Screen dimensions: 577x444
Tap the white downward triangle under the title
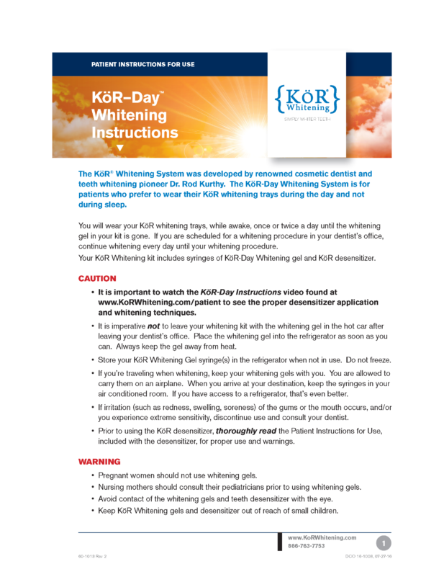120,148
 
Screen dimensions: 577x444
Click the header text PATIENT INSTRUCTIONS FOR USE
142,65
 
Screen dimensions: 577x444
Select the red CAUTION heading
97,278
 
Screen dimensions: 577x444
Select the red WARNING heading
99,461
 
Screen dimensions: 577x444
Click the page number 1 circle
385,542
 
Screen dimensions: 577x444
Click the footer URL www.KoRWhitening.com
322,537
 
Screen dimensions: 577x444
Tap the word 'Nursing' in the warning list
115,488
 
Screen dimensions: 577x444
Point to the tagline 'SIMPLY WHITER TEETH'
306,118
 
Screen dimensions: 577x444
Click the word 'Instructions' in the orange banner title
135,133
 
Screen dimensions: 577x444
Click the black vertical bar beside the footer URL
280,542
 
